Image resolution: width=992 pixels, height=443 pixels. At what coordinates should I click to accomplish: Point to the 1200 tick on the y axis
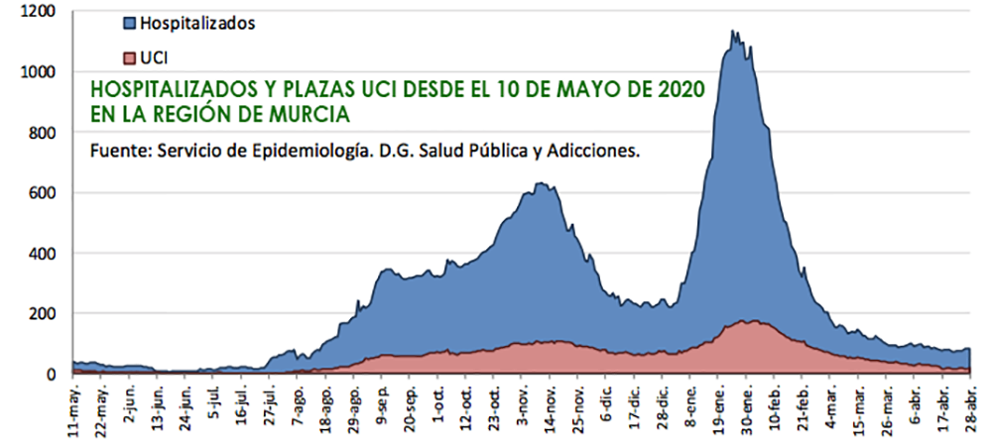pyautogui.click(x=40, y=12)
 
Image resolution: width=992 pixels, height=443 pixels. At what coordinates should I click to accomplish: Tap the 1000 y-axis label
pyautogui.click(x=40, y=72)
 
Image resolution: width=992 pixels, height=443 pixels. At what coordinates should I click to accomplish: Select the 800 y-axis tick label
pyautogui.click(x=44, y=133)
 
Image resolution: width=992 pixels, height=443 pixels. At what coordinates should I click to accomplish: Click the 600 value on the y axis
pyautogui.click(x=44, y=193)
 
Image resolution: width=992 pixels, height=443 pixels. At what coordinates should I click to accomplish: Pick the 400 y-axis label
pyautogui.click(x=44, y=254)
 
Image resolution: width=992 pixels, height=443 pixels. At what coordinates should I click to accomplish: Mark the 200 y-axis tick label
pyautogui.click(x=44, y=314)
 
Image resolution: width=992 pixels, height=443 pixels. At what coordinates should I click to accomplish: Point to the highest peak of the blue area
pyautogui.click(x=733, y=31)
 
